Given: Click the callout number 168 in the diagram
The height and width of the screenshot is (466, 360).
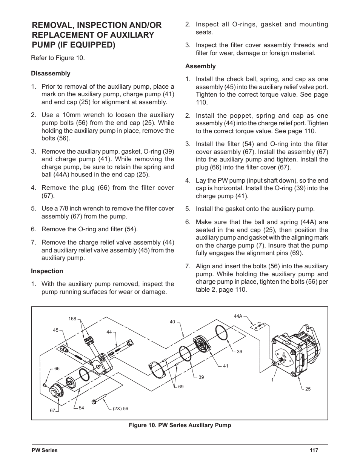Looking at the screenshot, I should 72,319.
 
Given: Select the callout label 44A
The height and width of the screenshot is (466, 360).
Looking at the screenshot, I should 238,316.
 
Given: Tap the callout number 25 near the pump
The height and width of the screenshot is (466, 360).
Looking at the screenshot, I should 308,389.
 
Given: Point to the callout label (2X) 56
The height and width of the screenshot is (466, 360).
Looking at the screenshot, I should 120,408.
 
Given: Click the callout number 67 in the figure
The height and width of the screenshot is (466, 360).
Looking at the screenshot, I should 53,411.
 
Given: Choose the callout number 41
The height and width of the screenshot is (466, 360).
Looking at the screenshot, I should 226,366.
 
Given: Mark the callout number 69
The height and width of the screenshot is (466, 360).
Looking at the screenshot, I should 181,387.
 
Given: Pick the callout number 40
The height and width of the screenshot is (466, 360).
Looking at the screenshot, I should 172,322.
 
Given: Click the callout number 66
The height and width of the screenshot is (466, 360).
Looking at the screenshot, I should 57,369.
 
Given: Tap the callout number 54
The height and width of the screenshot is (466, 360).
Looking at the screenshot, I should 81,408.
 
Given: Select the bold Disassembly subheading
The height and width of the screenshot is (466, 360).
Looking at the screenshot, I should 51,73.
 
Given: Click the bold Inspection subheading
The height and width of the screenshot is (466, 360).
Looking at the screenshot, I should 47,271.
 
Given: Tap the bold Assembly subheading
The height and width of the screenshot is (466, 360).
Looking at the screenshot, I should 200,66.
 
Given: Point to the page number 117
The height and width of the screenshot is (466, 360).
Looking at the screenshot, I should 314,450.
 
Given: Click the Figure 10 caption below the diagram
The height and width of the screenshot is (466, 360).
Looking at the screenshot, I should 180,425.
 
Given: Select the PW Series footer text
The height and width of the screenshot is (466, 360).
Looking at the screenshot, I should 44,450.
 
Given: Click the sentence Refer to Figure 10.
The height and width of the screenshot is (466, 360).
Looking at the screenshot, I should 58,58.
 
